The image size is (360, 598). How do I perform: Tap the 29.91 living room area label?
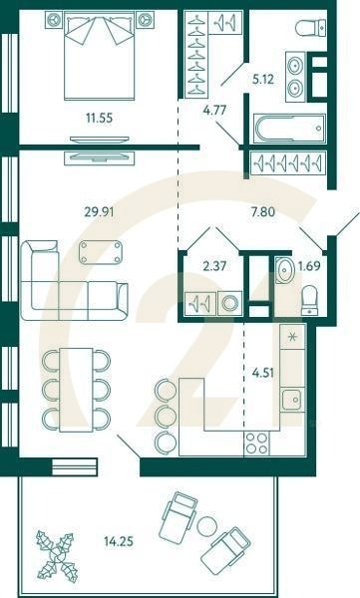pyautogui.click(x=97, y=210)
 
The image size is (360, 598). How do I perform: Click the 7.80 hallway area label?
pyautogui.click(x=261, y=210)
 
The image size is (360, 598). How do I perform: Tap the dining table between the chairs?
pyautogui.click(x=76, y=388)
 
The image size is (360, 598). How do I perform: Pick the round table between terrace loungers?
pyautogui.click(x=207, y=526)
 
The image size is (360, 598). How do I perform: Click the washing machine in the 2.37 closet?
pyautogui.click(x=232, y=301)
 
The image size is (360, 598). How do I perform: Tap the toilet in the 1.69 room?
pyautogui.click(x=309, y=296)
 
